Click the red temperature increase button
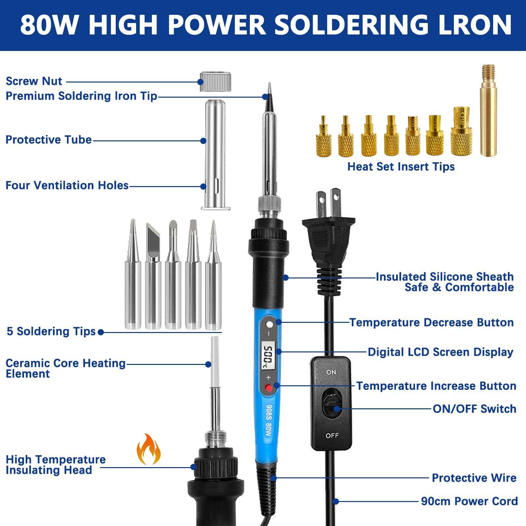[x=269, y=388]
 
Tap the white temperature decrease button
[x=270, y=325]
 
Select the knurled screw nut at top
[x=215, y=82]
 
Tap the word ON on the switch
[x=331, y=372]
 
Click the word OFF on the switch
[x=332, y=436]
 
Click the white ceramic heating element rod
[x=215, y=362]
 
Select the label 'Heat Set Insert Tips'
[x=401, y=167]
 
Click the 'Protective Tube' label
[x=49, y=140]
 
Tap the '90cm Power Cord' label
[x=469, y=501]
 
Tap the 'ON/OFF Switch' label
[x=474, y=409]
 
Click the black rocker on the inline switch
[x=332, y=404]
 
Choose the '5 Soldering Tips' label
[x=51, y=331]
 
